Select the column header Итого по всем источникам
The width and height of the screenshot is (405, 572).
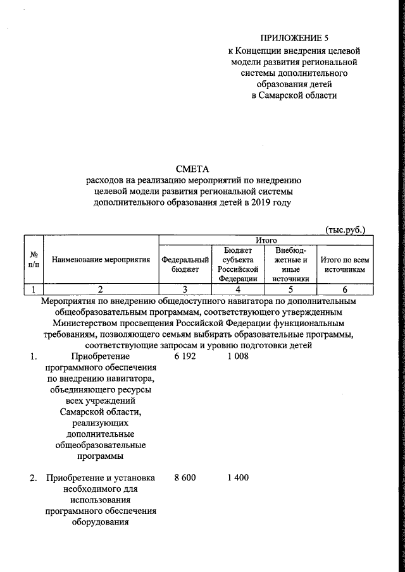345,264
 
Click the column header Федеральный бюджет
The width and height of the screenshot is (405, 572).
185,264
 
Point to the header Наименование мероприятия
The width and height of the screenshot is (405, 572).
101,259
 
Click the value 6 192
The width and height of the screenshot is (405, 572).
184,356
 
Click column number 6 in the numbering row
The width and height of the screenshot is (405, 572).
345,289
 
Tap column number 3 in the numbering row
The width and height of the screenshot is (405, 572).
185,289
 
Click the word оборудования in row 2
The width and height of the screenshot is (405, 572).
101,523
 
